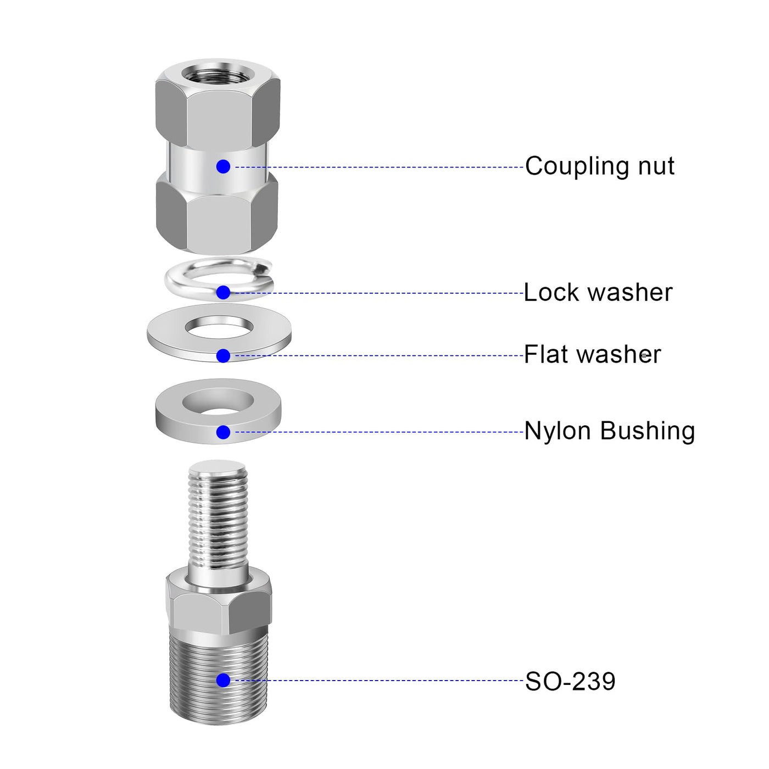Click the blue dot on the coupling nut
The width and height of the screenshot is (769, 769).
[x=223, y=166]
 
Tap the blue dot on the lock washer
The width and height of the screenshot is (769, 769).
[x=223, y=293]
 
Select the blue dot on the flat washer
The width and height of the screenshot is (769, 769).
[x=223, y=355]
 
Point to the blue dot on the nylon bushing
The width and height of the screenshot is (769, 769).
[x=223, y=432]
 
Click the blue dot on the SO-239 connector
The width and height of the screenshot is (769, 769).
[x=223, y=680]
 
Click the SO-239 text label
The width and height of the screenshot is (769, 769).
[x=570, y=681]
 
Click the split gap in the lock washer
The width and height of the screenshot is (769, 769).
[x=262, y=265]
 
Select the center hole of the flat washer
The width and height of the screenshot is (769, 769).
[x=219, y=326]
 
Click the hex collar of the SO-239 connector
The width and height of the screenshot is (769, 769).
[x=219, y=602]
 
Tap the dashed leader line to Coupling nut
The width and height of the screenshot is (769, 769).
[x=379, y=167]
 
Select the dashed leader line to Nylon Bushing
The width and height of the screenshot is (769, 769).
[x=379, y=432]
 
